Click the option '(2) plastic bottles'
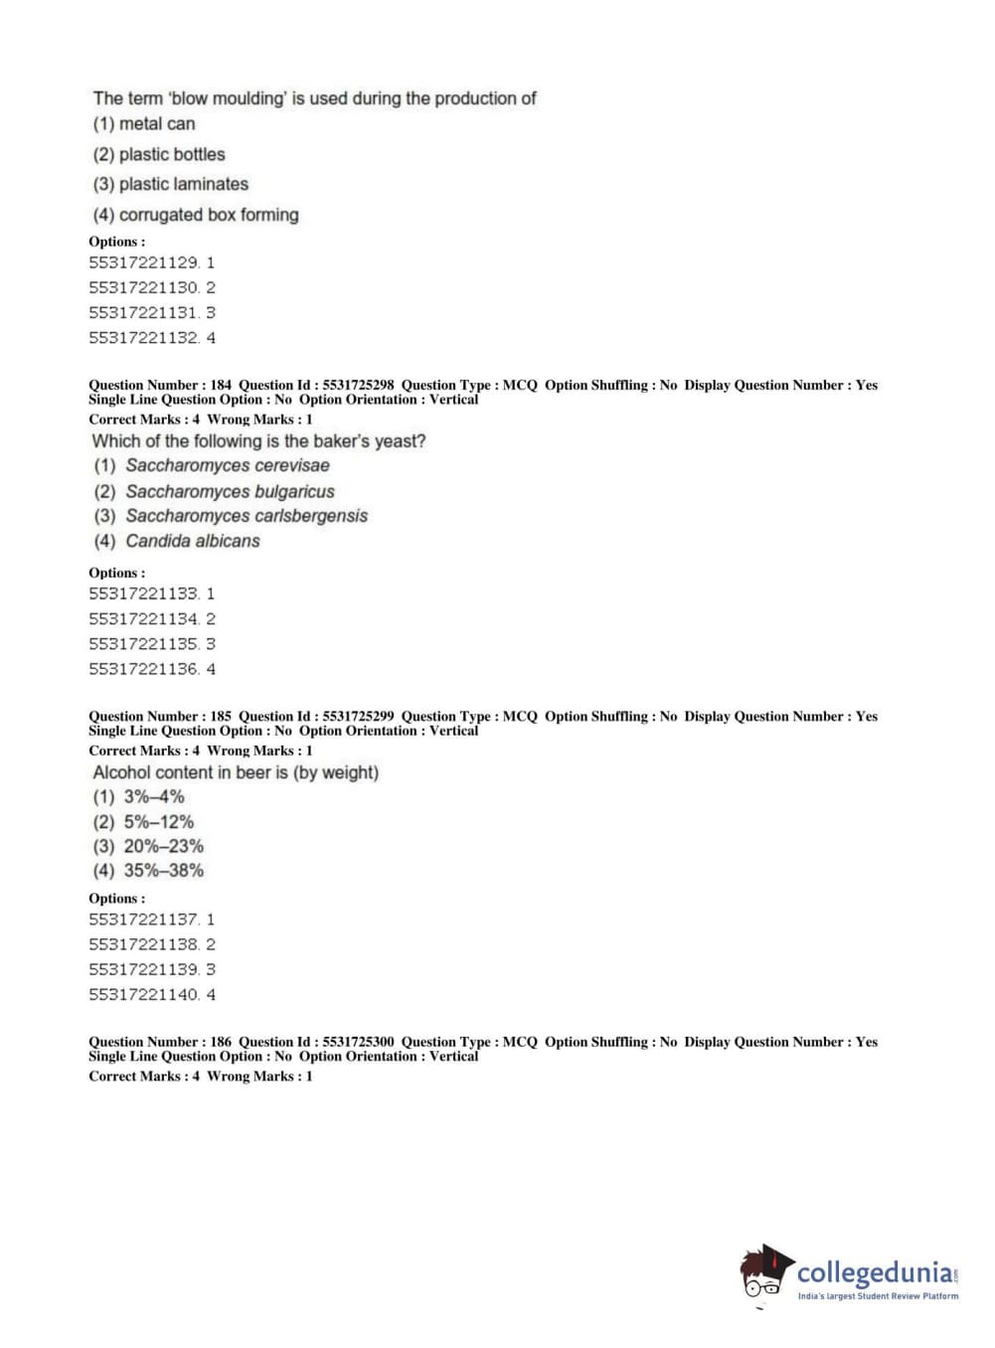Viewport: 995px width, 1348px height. tap(159, 154)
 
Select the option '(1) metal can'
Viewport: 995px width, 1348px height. tap(144, 124)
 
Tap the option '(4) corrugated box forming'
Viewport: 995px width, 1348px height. tap(196, 215)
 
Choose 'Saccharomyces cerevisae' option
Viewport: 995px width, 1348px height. tap(227, 465)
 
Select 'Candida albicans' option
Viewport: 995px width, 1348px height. tap(192, 541)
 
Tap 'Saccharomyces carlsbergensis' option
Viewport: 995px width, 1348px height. tap(246, 516)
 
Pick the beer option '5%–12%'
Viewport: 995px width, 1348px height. tap(158, 822)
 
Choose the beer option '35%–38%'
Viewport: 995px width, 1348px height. tap(163, 871)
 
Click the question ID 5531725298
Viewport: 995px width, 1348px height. tap(358, 385)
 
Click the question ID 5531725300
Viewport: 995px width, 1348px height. tap(358, 1042)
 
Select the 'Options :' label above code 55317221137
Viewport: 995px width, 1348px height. tap(116, 899)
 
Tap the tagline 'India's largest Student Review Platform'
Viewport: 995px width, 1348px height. tap(878, 1296)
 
